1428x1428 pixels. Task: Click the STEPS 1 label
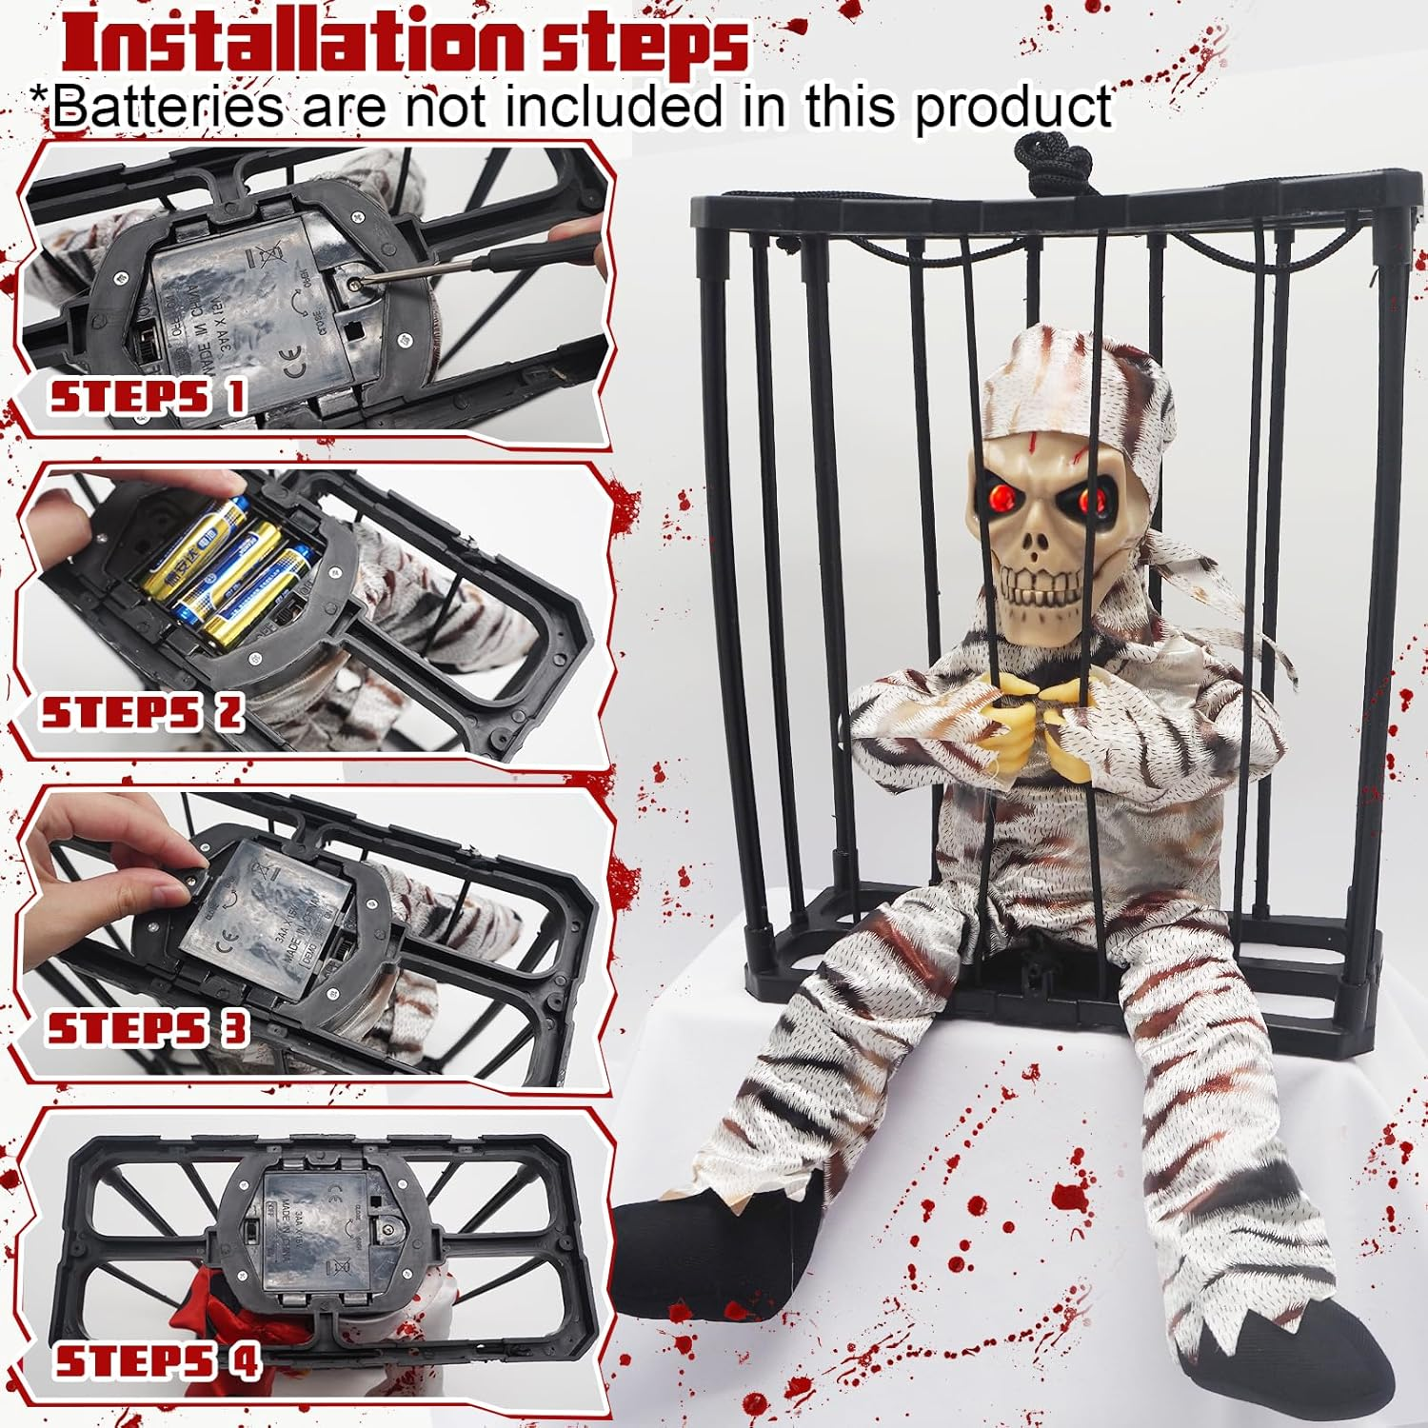click(148, 396)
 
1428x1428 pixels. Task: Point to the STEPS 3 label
click(148, 1029)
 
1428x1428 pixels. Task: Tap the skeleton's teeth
click(1046, 599)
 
